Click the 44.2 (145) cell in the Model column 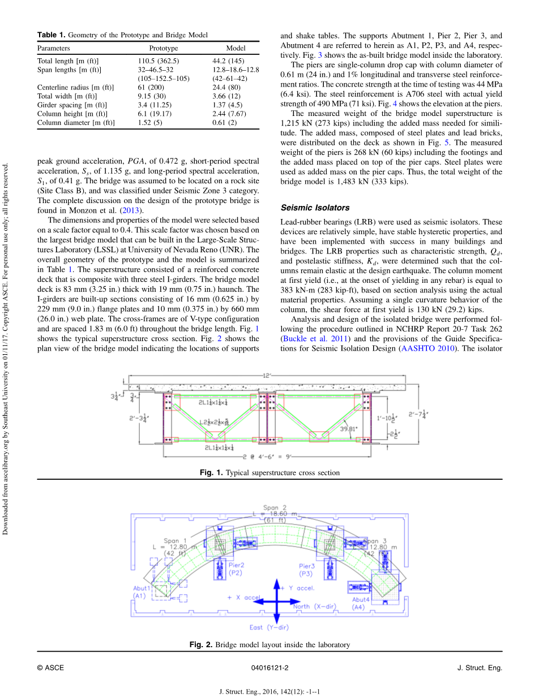click(228, 61)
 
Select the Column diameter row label click(76, 122)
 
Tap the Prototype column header click(164, 48)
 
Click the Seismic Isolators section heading click(315, 208)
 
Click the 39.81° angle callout click(350, 429)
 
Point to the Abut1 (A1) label click(142, 591)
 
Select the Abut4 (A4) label click(361, 603)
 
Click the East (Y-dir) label click(269, 627)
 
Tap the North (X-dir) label click(314, 606)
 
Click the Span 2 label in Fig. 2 click(275, 507)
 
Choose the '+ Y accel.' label click(297, 588)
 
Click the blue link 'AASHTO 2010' click(427, 348)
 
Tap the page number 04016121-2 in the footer click(269, 668)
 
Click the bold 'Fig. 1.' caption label click(212, 472)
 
